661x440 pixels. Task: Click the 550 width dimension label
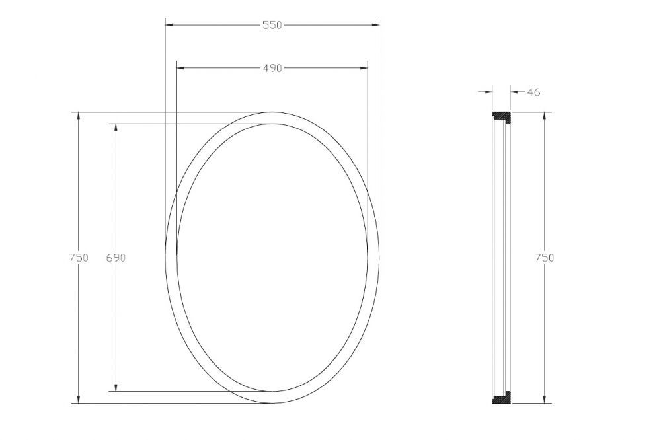272,25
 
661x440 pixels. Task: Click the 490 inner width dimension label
272,68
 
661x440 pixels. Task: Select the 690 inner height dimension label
116,258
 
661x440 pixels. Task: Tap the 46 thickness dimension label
533,92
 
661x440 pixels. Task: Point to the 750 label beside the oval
79,258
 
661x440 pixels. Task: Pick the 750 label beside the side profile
544,258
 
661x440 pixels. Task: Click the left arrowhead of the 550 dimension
169,25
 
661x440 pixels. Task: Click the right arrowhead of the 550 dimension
375,25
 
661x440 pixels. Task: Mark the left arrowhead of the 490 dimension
180,67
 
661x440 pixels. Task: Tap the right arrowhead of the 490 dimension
364,67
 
